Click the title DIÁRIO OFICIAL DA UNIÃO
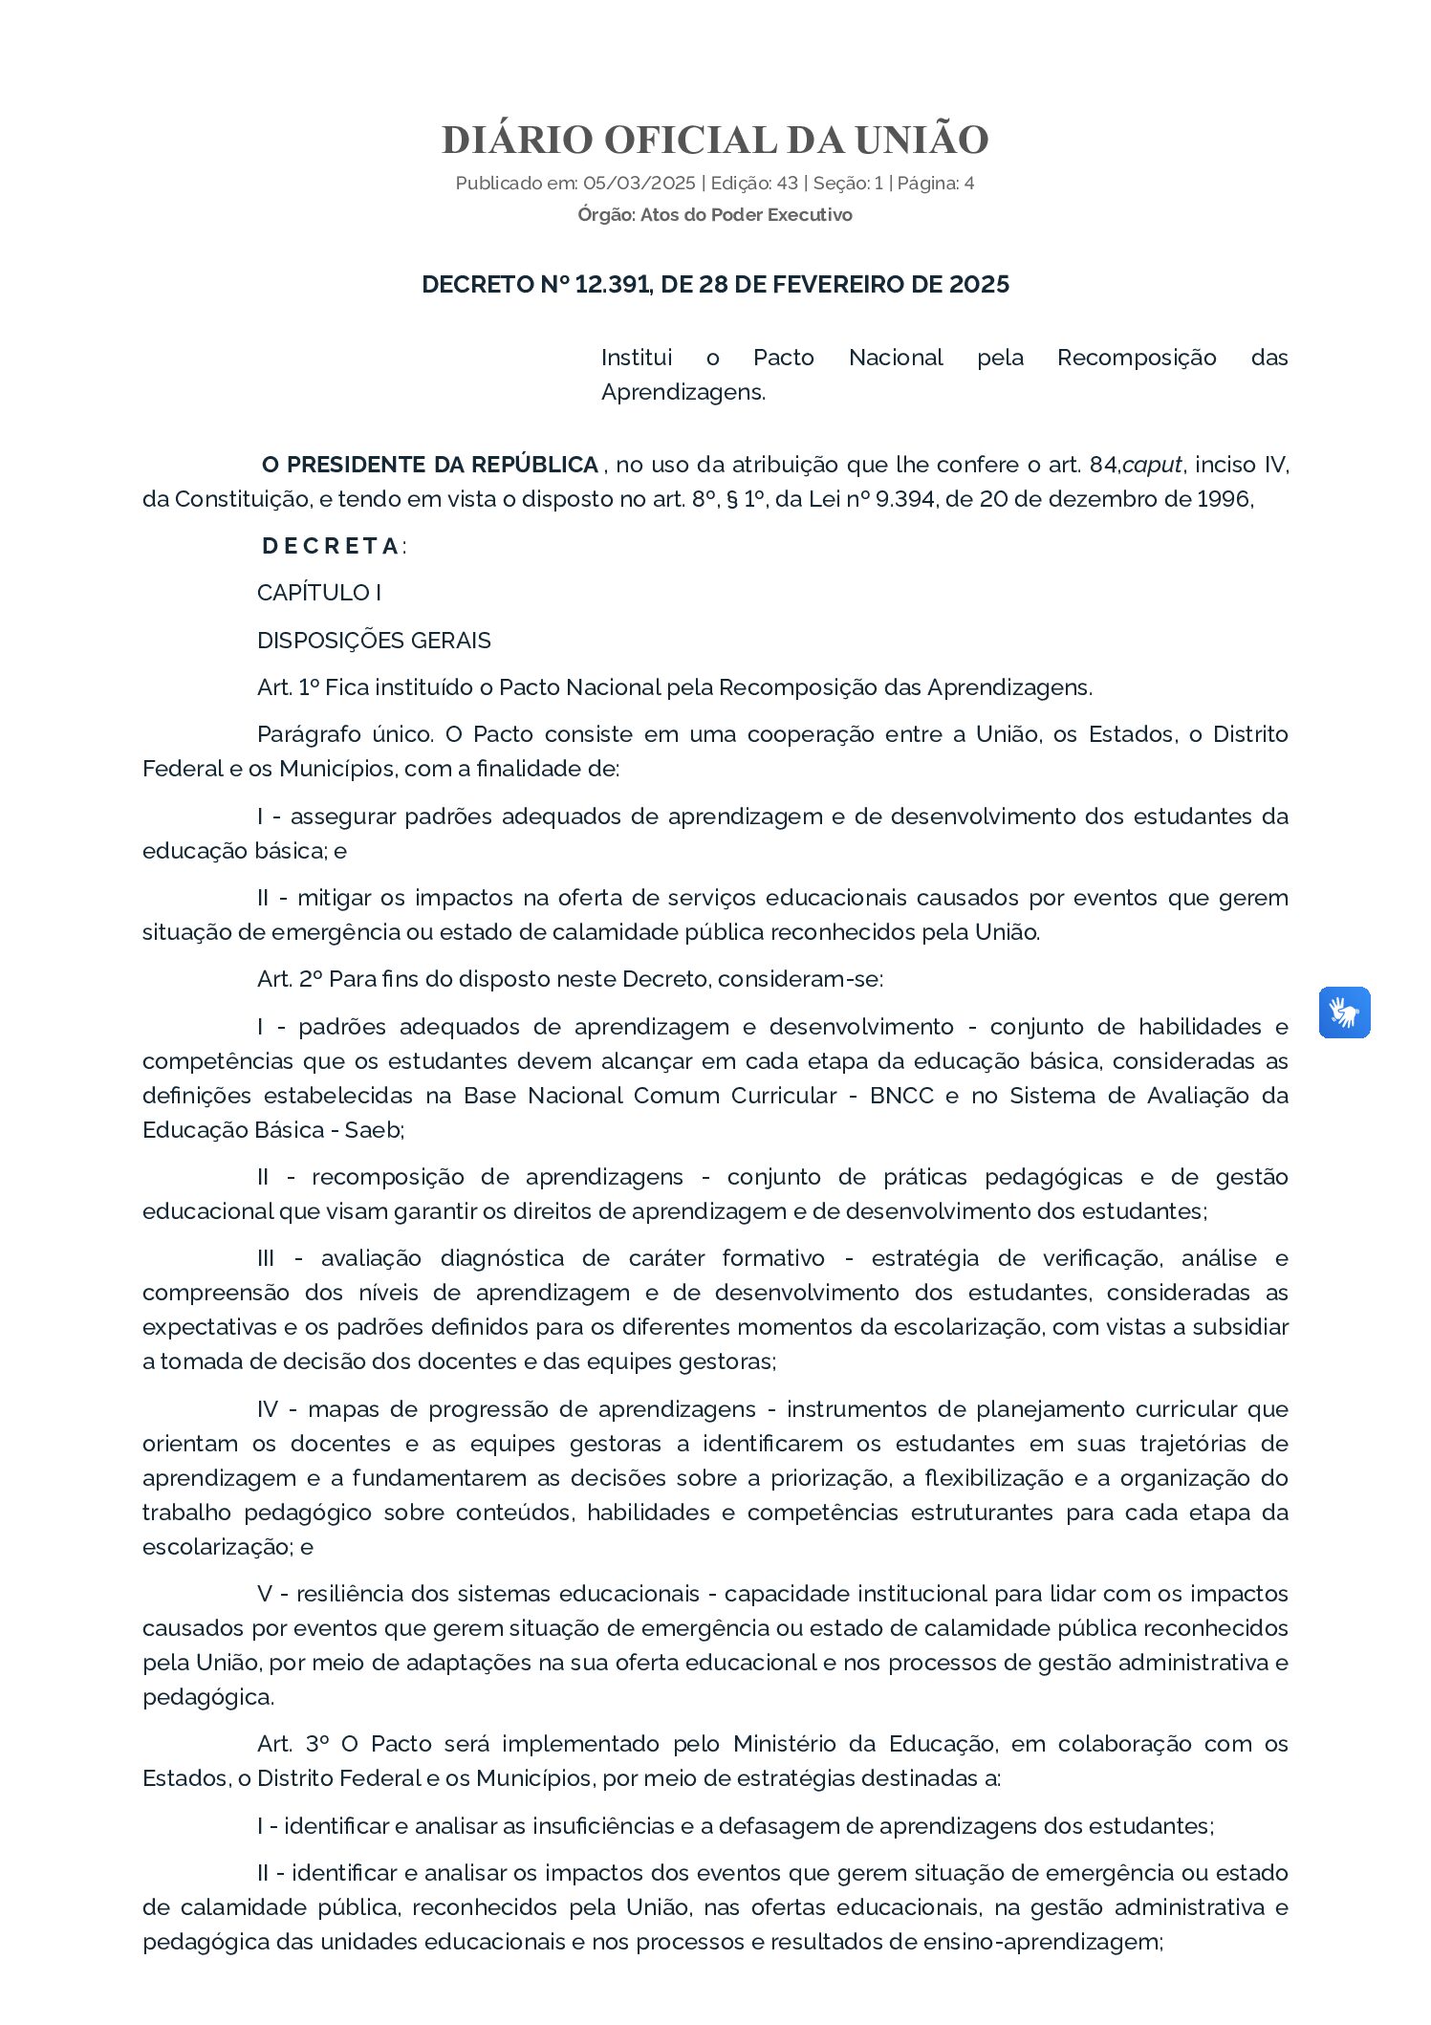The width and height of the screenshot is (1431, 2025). pyautogui.click(x=714, y=141)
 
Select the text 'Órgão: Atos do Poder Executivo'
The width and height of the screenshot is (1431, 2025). pyautogui.click(x=714, y=215)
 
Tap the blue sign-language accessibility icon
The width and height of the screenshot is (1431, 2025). pyautogui.click(x=1344, y=1012)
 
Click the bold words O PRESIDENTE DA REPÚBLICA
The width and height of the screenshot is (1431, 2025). pyautogui.click(x=429, y=466)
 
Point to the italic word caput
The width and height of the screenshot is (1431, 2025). pyautogui.click(x=1152, y=466)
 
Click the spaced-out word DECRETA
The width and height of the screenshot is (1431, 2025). pyautogui.click(x=331, y=547)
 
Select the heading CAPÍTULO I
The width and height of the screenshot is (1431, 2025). pyautogui.click(x=319, y=593)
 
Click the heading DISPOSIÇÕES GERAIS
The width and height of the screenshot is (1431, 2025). pyautogui.click(x=374, y=641)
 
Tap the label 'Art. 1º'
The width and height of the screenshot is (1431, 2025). pyautogui.click(x=288, y=687)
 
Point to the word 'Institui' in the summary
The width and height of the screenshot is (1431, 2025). pyautogui.click(x=636, y=358)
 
